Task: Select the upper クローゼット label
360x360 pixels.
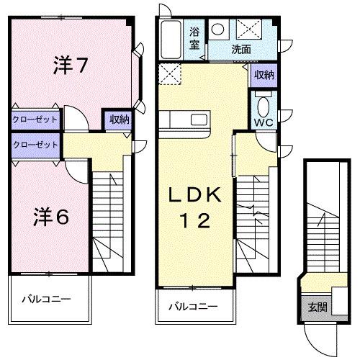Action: click(x=35, y=120)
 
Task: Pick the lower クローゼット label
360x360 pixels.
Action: click(x=35, y=144)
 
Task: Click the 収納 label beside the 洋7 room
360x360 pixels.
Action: click(x=120, y=120)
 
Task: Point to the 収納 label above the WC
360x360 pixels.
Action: click(x=264, y=74)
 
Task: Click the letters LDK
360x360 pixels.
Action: click(x=192, y=196)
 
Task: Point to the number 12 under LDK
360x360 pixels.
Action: click(x=192, y=222)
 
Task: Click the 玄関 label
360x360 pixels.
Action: click(x=318, y=306)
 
